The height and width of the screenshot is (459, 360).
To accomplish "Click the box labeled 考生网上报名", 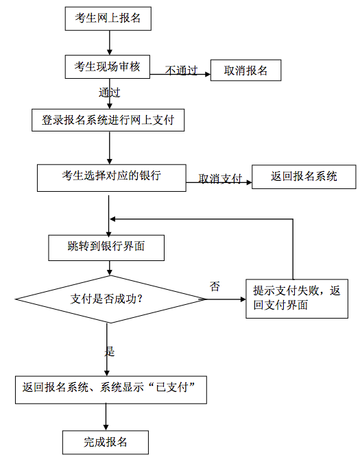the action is click(x=108, y=18).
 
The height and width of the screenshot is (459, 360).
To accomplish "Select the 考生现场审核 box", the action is click(x=108, y=66).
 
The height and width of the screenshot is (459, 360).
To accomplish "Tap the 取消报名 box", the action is click(x=245, y=71).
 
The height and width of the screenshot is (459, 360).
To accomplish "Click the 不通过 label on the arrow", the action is click(x=181, y=71).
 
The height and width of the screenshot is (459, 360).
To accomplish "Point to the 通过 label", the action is click(x=109, y=92).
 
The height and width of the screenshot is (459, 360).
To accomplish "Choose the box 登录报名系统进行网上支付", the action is click(x=108, y=120).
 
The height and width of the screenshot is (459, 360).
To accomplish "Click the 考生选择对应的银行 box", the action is click(x=112, y=178).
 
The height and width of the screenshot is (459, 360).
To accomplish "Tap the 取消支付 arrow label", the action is click(x=220, y=178).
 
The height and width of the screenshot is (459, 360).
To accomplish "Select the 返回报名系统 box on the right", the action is click(x=304, y=177).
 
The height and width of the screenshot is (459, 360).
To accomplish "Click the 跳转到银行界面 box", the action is click(x=106, y=247).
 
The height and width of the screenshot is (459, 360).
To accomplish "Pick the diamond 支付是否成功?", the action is click(x=110, y=299).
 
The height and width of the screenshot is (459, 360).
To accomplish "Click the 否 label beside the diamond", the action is click(x=215, y=286).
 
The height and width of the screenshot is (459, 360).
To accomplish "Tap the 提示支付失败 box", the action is click(x=297, y=299).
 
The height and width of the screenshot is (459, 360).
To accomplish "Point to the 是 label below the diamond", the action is click(x=110, y=351).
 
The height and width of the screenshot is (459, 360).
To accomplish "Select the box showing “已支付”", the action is click(x=111, y=390).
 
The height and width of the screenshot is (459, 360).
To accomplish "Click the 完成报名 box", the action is click(x=106, y=442).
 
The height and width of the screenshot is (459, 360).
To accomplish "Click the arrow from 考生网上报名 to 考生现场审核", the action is click(x=110, y=42).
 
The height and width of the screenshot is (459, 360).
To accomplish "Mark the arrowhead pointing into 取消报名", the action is click(x=208, y=75).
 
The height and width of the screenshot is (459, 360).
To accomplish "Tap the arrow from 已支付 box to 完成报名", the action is click(x=106, y=417).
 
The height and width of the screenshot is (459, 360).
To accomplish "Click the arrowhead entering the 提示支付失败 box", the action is click(x=243, y=299).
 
